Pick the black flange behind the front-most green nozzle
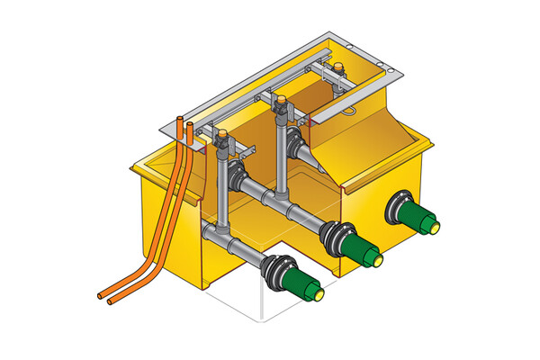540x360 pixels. [x=274, y=268]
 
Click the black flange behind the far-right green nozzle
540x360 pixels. [x=395, y=208]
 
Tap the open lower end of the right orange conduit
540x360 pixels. [x=111, y=301]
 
